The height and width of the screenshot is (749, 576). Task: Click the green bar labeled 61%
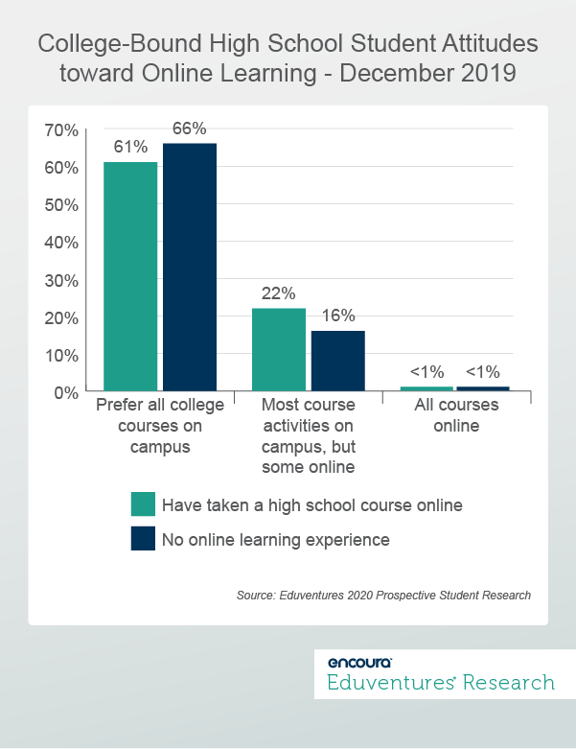[x=130, y=276]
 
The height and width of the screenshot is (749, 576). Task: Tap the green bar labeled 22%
[x=279, y=350]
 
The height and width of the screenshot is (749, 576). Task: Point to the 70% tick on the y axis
[x=63, y=129]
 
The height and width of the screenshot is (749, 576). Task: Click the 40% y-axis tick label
[x=63, y=242]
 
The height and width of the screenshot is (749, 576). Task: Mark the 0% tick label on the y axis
[x=67, y=392]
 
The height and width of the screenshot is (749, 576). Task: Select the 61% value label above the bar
[x=130, y=147]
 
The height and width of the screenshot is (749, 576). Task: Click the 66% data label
[x=189, y=129]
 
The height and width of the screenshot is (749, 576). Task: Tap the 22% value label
[x=279, y=293]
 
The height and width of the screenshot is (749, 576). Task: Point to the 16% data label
[x=338, y=316]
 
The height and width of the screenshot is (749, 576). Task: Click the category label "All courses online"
[x=456, y=415]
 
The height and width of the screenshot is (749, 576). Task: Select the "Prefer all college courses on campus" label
[x=160, y=425]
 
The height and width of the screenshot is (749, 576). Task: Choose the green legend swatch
[x=143, y=504]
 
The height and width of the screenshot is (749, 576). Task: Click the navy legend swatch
[x=143, y=539]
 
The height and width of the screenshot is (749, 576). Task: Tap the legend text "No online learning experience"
[x=276, y=540]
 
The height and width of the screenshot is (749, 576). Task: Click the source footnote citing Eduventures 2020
[x=383, y=596]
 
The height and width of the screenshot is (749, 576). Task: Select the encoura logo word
[x=358, y=662]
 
